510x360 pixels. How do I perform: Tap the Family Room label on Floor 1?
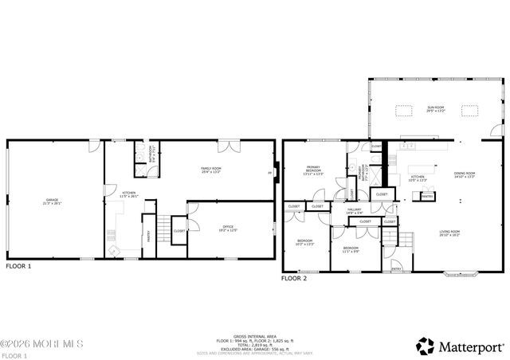[x=210, y=169]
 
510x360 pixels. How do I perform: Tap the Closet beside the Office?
[x=179, y=231]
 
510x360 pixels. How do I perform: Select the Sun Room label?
[x=434, y=108]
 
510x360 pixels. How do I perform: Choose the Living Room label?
[x=450, y=233]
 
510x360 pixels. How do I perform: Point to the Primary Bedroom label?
[x=314, y=169]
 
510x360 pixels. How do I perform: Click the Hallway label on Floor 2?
[x=355, y=211]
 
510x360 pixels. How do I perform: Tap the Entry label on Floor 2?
[x=395, y=269]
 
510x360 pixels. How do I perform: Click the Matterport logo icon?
[x=426, y=346]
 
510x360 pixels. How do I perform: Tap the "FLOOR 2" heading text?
[x=294, y=280]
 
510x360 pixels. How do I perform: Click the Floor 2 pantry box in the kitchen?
[x=427, y=196]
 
